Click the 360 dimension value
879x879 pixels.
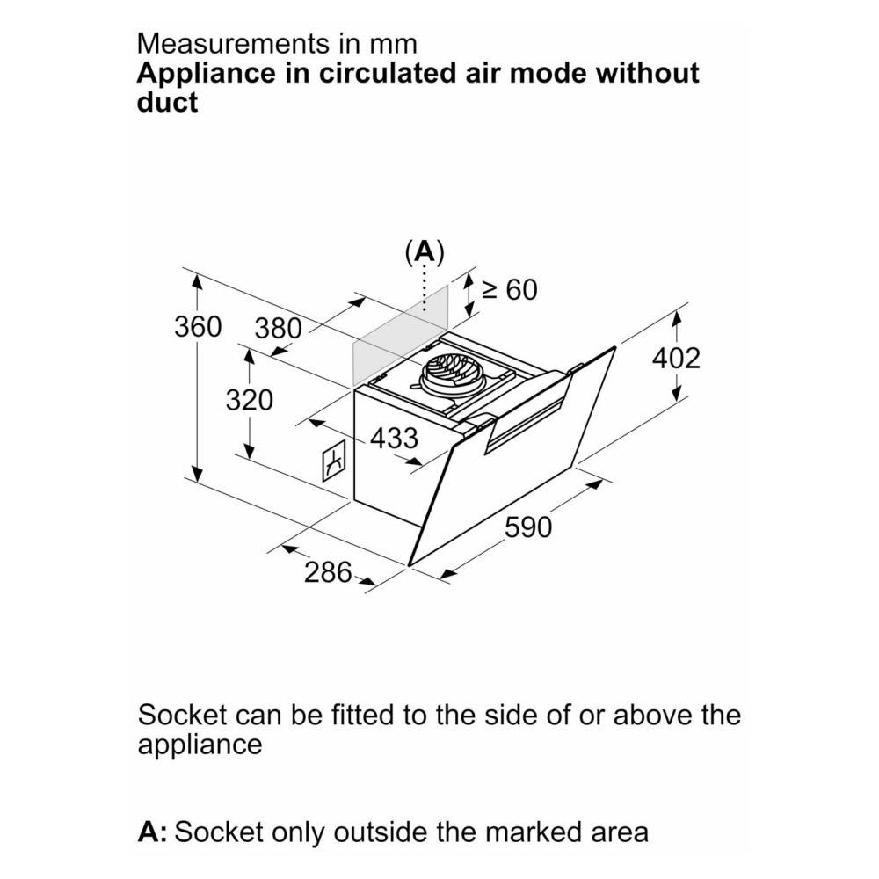click(198, 327)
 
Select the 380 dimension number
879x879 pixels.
click(278, 329)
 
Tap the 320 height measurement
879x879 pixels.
click(250, 400)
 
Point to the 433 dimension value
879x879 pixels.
click(393, 438)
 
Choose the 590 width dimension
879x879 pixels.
click(528, 527)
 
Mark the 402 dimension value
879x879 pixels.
click(676, 358)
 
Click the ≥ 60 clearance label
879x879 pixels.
click(509, 289)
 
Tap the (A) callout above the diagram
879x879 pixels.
click(425, 252)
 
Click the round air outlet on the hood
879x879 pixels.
click(453, 376)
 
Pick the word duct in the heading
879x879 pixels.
click(167, 102)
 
